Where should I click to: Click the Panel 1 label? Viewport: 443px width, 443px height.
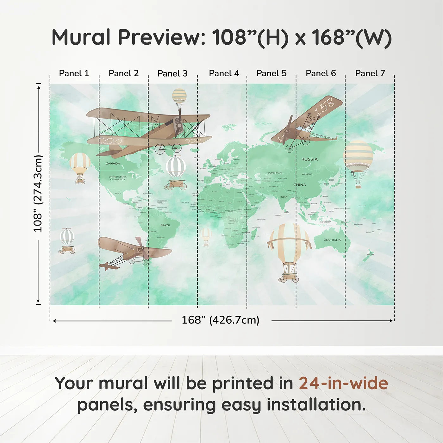(x=74, y=73)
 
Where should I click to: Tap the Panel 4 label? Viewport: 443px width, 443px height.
(x=224, y=73)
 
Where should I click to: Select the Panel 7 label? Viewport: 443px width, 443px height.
(x=370, y=73)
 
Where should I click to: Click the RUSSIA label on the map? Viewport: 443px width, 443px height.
(x=309, y=159)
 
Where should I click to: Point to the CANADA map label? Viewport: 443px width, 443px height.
(x=113, y=164)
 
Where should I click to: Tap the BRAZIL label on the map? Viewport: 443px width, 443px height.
(x=165, y=225)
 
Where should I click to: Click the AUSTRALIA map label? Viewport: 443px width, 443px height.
(x=332, y=240)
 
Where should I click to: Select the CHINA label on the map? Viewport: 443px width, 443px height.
(x=300, y=185)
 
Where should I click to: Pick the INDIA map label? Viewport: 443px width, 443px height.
(x=284, y=197)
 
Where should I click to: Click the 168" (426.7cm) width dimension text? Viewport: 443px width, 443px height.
(x=220, y=320)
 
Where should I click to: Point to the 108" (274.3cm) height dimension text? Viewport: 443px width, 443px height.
(x=38, y=193)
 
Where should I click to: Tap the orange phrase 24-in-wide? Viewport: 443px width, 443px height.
(x=343, y=384)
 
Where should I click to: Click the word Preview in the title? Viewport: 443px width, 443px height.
(x=162, y=37)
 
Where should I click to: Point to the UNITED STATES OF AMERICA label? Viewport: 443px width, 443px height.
(x=117, y=178)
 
